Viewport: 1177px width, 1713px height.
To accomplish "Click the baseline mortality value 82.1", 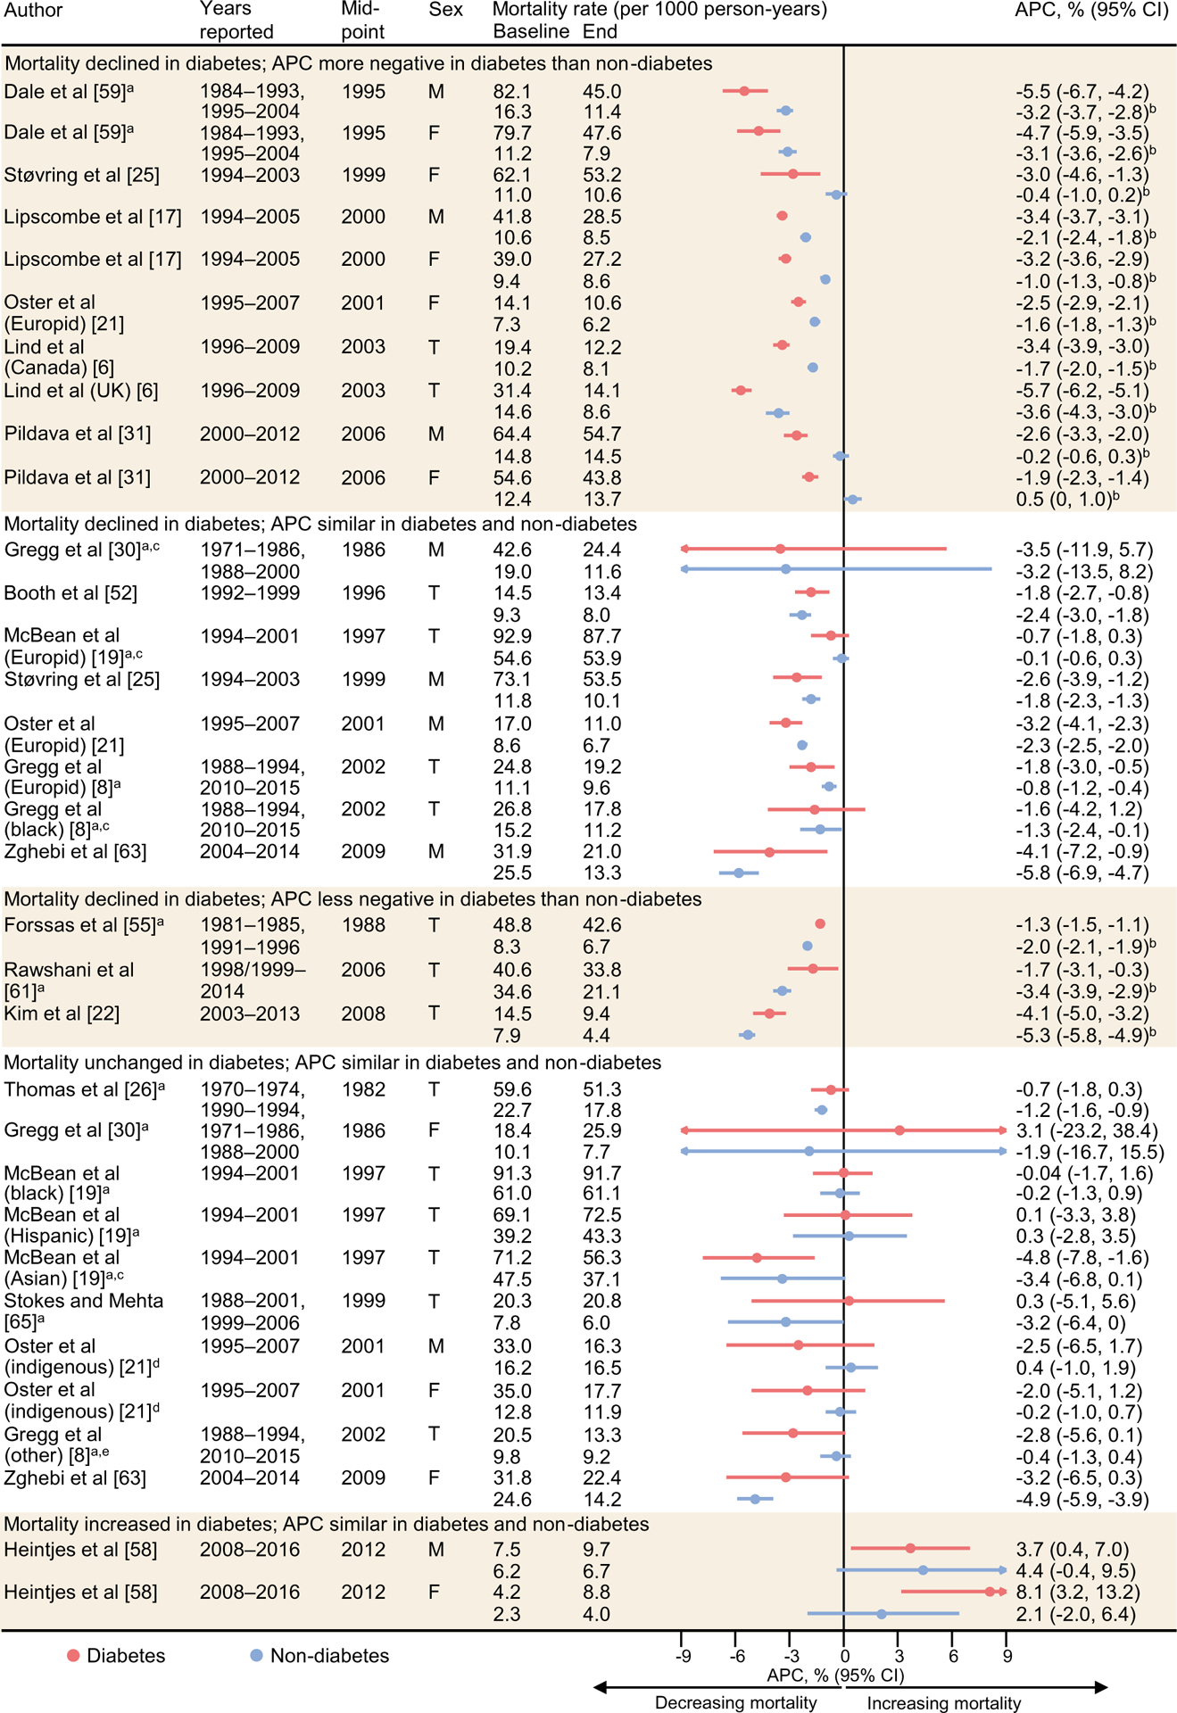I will point(512,92).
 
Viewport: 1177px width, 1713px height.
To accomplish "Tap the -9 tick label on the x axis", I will point(683,1656).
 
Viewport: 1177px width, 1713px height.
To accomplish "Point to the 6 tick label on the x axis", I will point(953,1656).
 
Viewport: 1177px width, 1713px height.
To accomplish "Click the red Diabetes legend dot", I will point(73,1656).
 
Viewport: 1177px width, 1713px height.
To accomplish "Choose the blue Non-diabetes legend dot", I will point(257,1656).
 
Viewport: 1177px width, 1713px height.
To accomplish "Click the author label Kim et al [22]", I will point(62,1014).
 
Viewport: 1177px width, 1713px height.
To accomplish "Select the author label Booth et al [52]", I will point(70,593).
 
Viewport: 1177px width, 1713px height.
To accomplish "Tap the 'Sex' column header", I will point(445,10).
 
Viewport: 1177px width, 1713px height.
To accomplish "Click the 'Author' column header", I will point(33,10).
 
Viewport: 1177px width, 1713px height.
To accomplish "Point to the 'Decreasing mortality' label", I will point(735,1702).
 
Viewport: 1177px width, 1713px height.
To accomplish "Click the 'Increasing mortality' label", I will point(944,1702).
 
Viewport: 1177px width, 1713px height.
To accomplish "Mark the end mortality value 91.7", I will point(602,1173).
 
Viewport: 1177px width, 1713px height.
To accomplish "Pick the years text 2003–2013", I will point(250,1014).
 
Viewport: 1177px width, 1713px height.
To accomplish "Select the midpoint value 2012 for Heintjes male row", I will point(363,1550).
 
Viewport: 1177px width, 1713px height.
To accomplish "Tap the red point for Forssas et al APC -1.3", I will point(820,924).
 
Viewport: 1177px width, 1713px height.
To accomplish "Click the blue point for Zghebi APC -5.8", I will point(739,873).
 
